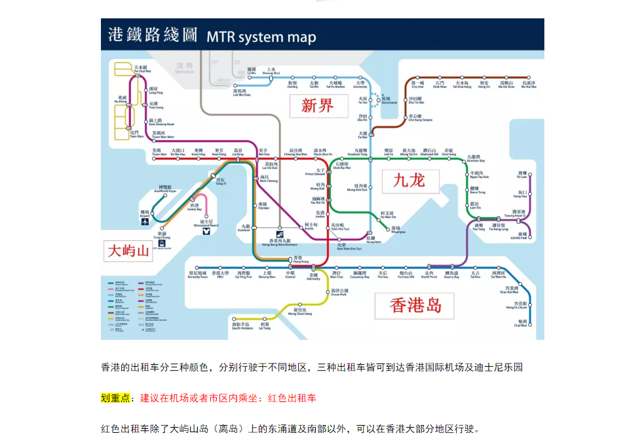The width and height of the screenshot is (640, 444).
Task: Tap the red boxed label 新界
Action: point(318,105)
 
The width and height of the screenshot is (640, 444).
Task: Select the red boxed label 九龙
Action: point(409,180)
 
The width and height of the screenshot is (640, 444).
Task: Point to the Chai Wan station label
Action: point(521,323)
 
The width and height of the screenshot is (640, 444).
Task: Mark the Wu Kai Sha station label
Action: point(529,84)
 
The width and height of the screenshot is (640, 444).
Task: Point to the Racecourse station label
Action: point(389,100)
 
